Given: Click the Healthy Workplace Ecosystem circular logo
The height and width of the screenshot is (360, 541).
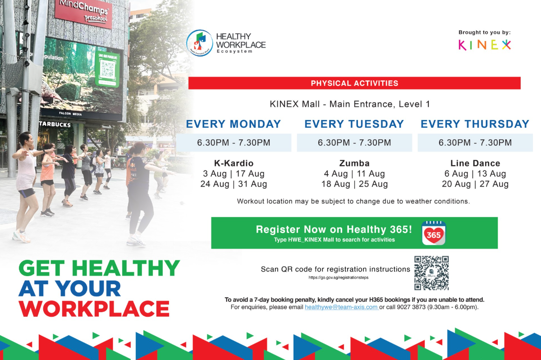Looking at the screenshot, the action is [x=200, y=43].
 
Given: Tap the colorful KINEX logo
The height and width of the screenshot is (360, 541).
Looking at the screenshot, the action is [x=485, y=45].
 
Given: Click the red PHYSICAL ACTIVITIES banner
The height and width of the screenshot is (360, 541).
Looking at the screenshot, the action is [x=354, y=83].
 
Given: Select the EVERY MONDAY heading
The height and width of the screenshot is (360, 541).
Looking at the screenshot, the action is [x=234, y=124].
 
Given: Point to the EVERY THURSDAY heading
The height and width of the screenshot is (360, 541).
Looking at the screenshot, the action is [x=475, y=124].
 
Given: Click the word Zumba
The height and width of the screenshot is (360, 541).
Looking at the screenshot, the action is [x=354, y=163].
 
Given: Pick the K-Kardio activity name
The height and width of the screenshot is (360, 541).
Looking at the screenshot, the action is [x=234, y=163].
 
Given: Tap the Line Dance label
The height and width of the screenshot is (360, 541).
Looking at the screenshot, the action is [x=475, y=163].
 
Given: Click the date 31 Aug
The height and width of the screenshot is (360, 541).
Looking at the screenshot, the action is [x=252, y=184].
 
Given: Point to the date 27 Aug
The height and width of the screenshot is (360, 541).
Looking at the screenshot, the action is [x=494, y=184].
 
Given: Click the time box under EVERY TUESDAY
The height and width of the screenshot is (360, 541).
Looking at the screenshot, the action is [x=354, y=143].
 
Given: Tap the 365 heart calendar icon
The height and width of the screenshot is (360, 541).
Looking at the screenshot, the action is [x=434, y=233].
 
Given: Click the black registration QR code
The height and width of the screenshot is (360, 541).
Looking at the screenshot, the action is [x=431, y=273].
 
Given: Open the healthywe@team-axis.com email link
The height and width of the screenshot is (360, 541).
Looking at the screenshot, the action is [x=342, y=307].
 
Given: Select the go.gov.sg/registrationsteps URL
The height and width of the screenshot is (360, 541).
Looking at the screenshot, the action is [x=339, y=277].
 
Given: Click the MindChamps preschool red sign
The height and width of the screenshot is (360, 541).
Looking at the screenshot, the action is [x=83, y=13].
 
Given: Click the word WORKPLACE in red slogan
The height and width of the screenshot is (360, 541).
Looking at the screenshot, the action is [x=94, y=309].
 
